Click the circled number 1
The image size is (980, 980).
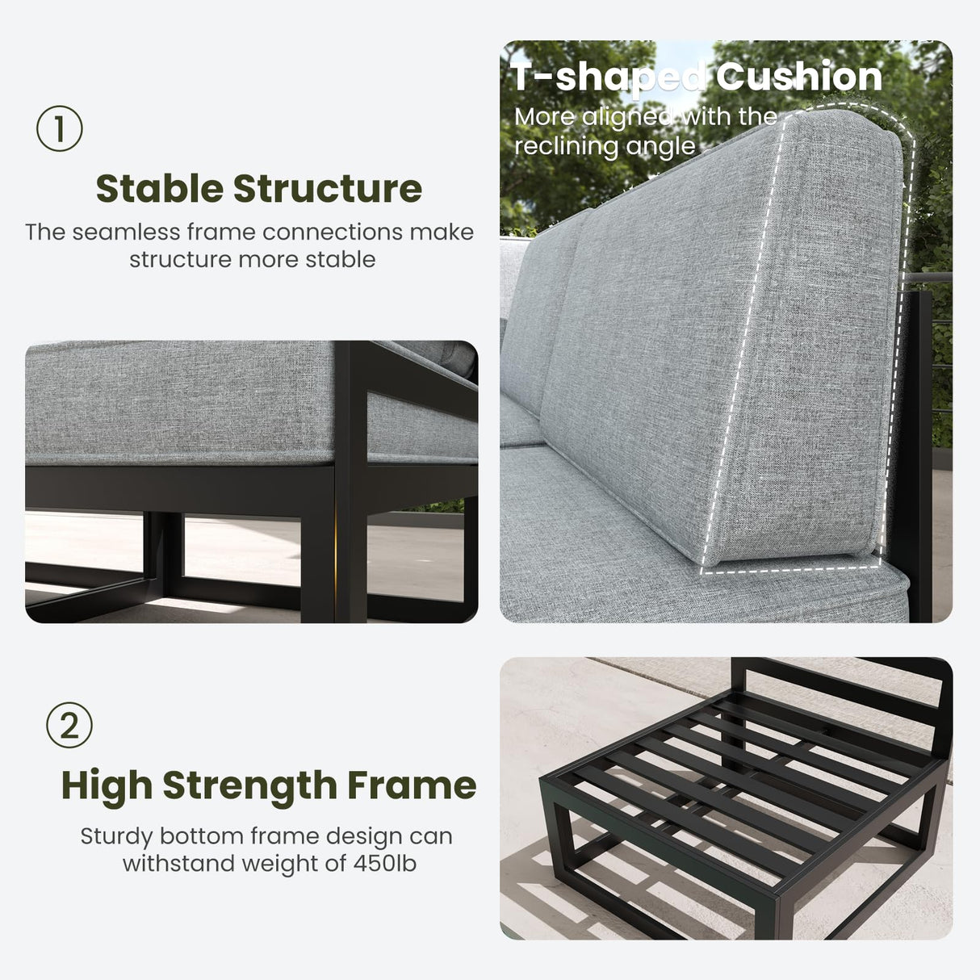pyautogui.click(x=60, y=128)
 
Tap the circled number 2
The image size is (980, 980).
pyautogui.click(x=69, y=725)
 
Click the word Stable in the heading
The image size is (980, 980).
pyautogui.click(x=160, y=189)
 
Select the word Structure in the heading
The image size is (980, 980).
pyautogui.click(x=328, y=189)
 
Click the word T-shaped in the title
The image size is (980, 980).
pyautogui.click(x=608, y=77)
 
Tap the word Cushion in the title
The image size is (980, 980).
pyautogui.click(x=799, y=76)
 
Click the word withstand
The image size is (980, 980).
pyautogui.click(x=178, y=864)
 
